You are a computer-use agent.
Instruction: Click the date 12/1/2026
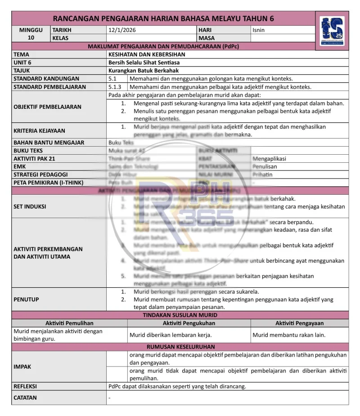122,30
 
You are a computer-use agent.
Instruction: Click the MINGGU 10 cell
31,34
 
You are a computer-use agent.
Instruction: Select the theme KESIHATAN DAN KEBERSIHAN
147,54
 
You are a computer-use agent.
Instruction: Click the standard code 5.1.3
115,87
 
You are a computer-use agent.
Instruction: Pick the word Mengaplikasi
269,159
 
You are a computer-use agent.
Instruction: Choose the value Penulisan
265,166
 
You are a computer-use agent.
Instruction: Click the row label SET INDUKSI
30,207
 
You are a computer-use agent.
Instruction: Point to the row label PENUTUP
26,300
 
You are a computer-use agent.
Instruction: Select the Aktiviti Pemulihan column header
69,323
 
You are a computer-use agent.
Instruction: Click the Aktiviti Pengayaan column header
299,323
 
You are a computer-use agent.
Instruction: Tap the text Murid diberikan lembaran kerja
171,335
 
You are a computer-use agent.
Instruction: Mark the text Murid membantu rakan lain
289,335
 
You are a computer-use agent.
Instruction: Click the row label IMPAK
22,367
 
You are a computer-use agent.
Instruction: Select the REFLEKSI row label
25,386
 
